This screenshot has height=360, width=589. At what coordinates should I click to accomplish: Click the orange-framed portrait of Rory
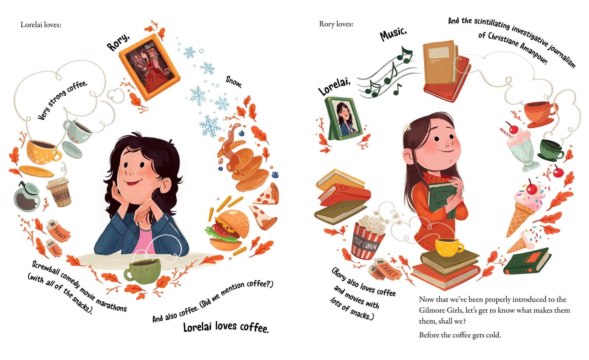pos(149,67)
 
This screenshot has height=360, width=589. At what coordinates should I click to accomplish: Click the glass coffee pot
pos(27,197)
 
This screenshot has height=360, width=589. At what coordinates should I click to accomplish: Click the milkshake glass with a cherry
pos(520,149)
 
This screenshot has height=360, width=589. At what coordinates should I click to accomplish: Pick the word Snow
pos(234,82)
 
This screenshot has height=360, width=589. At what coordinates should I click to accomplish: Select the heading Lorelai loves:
pos(41,25)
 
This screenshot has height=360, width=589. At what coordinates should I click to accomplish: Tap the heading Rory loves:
pos(336,24)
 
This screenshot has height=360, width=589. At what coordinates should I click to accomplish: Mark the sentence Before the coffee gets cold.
pos(460,335)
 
